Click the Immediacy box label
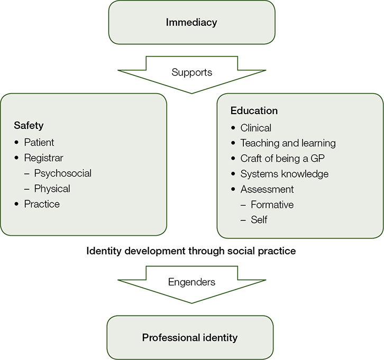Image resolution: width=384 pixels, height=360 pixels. click(191, 22)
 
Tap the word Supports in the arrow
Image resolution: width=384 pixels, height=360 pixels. click(191, 72)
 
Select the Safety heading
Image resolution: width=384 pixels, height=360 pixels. click(29, 126)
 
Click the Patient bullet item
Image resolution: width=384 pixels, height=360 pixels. click(39, 142)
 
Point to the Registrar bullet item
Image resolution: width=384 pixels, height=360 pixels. click(43, 158)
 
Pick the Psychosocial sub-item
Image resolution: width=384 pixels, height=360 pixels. click(63, 173)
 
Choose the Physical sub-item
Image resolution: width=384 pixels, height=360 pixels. click(52, 188)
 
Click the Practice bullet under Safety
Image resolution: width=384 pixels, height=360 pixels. click(42, 204)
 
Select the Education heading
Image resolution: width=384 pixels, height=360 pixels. click(254, 111)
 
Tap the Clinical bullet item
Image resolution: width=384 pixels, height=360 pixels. click(256, 127)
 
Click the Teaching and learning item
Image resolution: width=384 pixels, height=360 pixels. click(288, 143)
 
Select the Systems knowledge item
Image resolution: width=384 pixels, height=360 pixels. click(285, 173)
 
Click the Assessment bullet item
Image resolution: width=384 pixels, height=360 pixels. click(267, 189)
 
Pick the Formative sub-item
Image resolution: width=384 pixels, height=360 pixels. click(272, 204)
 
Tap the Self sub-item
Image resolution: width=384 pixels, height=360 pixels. click(259, 219)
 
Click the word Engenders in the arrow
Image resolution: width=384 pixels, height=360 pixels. click(191, 282)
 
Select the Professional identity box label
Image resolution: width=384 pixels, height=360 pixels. click(190, 337)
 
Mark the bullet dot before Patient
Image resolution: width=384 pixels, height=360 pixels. click(17, 143)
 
